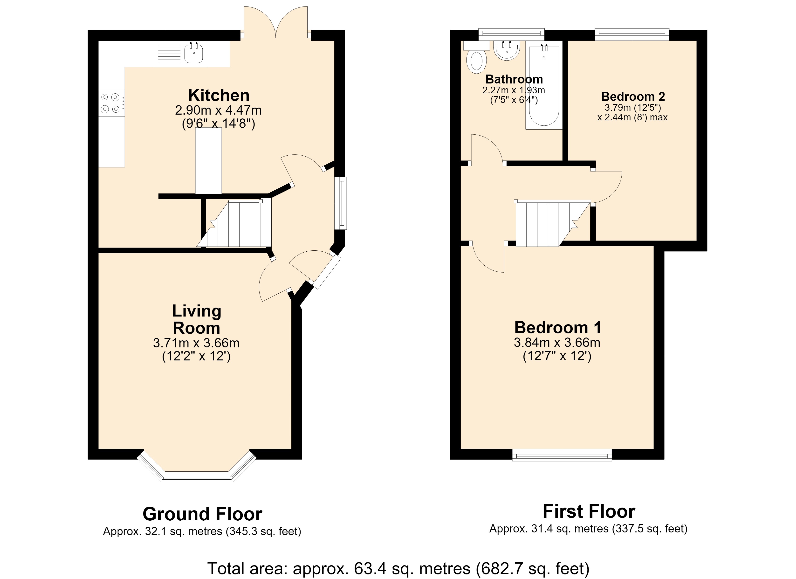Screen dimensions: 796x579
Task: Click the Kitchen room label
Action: coord(219,95)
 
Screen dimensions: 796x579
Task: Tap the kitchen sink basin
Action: coord(193,54)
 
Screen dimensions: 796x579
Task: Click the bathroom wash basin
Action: coord(507,51)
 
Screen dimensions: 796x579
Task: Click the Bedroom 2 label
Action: coord(633,96)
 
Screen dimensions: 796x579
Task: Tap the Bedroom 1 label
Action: coord(558,327)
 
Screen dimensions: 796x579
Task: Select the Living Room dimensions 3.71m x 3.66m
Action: coord(196,343)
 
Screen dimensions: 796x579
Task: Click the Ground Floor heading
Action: coord(203,514)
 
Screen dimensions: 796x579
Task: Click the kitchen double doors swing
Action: coord(276,21)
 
